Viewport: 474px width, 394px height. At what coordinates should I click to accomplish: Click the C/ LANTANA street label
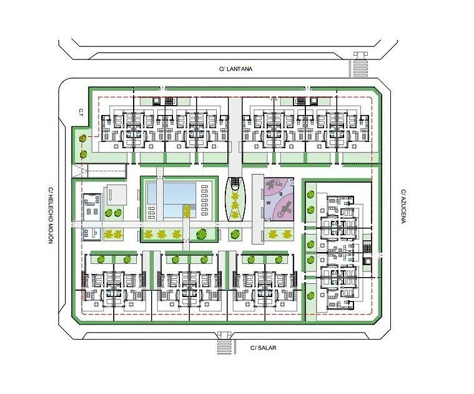pos(235,69)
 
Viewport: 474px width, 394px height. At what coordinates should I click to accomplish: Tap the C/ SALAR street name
pos(263,348)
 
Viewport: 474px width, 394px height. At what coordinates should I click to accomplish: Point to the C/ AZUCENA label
pos(403,206)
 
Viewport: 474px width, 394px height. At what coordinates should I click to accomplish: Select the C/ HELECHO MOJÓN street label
pos(51,215)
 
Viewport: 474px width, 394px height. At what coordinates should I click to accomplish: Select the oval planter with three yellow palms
pos(235,199)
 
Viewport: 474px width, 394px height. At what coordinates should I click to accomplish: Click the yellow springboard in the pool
pos(187,211)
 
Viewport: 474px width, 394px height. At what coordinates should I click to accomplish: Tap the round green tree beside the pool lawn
pos(200,235)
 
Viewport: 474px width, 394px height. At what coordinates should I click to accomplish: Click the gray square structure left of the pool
pos(115,195)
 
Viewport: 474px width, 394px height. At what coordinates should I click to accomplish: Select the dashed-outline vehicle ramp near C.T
pos(99,171)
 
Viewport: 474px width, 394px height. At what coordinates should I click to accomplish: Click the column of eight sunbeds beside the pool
pos(205,200)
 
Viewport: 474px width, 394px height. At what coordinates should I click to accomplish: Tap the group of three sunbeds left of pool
pos(151,212)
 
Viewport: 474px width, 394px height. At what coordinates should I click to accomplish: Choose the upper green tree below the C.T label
pos(82,139)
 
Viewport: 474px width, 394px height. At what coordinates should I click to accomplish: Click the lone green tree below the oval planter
pos(234,235)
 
